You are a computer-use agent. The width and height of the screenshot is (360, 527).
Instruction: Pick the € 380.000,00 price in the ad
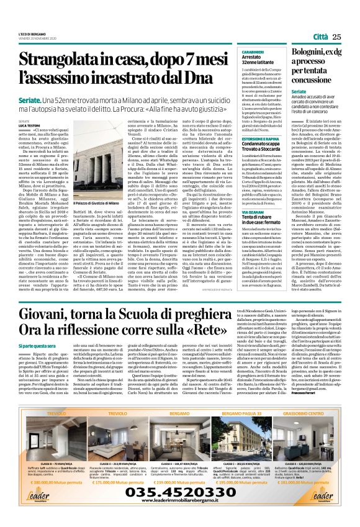pos(48,482)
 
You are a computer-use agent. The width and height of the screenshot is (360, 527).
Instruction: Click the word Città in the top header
pos(321,37)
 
